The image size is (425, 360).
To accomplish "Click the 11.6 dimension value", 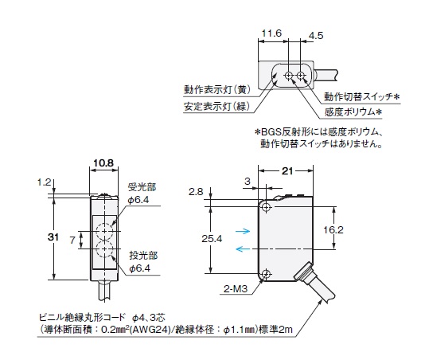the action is tap(271, 33).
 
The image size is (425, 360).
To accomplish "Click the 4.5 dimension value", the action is tap(316, 36).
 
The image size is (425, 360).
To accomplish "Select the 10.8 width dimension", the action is tap(103, 162).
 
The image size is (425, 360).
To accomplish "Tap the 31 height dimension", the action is tap(53, 237).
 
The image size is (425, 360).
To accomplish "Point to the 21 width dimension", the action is tap(287, 171).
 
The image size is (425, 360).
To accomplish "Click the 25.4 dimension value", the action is tap(212, 238).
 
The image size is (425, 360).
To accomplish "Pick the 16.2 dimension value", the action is tap(333, 230).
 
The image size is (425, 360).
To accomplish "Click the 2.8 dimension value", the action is tap(196, 192).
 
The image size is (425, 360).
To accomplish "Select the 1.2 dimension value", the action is tap(45, 182).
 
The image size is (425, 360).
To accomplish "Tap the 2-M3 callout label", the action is tap(236, 288).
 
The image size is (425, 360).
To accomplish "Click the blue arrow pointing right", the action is tap(243, 231).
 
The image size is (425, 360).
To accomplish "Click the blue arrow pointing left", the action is tap(243, 248).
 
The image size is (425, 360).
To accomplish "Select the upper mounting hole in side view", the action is tap(267, 208).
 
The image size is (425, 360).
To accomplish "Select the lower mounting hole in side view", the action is tap(267, 274).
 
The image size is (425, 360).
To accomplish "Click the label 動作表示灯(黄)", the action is tap(217, 89).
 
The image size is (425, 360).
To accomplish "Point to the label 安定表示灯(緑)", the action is tap(216, 106).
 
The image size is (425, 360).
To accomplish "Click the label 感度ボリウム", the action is tap(349, 112).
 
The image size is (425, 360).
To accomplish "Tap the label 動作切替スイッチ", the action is tap(359, 96).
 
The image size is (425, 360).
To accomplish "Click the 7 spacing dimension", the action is tap(72, 240).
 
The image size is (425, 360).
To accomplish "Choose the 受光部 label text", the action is tap(142, 186).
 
